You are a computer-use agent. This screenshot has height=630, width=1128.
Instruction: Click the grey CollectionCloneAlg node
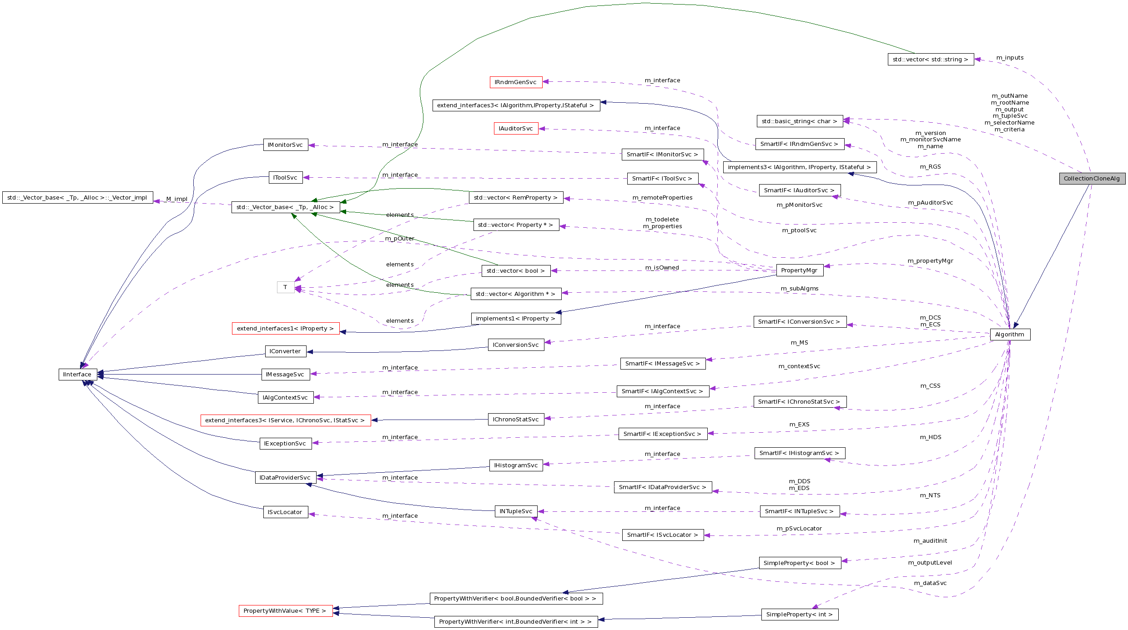click(x=1092, y=179)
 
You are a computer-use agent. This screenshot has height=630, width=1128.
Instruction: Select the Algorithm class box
click(x=1009, y=335)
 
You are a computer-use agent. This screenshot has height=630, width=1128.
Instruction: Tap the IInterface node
click(x=77, y=375)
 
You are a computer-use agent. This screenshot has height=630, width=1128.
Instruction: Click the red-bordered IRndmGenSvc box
click(x=515, y=82)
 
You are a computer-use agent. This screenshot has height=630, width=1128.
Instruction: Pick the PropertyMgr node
click(x=799, y=270)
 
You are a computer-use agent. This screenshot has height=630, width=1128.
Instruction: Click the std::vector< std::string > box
click(x=930, y=60)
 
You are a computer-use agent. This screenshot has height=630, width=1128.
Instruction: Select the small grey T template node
click(x=286, y=287)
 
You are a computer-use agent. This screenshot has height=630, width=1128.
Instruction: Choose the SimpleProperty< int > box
click(x=799, y=615)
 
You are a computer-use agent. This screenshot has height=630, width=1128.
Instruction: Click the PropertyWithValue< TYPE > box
click(x=285, y=611)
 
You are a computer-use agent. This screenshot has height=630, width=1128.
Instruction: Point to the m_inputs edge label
click(x=1010, y=58)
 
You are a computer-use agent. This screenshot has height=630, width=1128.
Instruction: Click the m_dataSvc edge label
click(x=930, y=583)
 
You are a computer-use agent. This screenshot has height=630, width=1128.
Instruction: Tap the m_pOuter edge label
click(x=399, y=239)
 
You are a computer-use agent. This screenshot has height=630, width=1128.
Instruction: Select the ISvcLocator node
click(x=285, y=512)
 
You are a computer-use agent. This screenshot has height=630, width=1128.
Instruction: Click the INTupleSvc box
click(x=516, y=511)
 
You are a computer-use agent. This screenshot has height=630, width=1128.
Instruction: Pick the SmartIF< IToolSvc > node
click(x=662, y=179)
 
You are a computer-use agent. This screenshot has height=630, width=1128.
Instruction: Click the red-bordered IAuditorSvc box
click(x=515, y=129)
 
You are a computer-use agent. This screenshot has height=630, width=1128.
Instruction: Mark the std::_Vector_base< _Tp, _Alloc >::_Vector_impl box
click(x=77, y=198)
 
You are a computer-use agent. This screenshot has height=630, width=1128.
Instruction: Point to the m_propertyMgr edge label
click(x=930, y=261)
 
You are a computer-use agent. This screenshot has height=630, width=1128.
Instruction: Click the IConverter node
click(x=285, y=351)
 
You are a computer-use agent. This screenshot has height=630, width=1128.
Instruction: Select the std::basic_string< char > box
click(x=799, y=121)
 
